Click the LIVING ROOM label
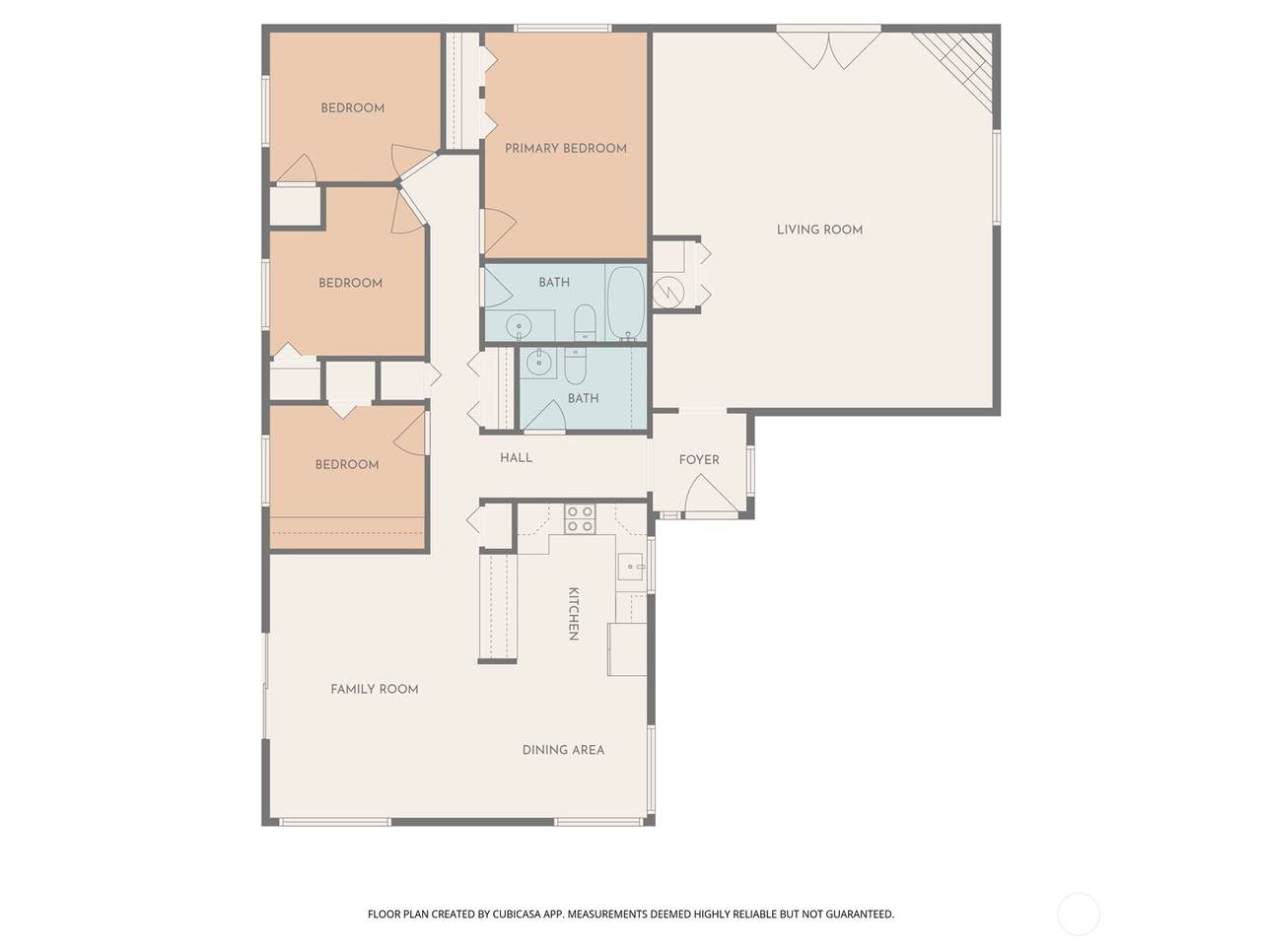click(819, 230)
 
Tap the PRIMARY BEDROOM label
click(566, 148)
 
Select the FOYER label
click(699, 459)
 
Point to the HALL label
click(516, 458)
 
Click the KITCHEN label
click(573, 614)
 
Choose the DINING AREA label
click(563, 750)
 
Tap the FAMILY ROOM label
click(375, 689)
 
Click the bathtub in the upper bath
click(625, 303)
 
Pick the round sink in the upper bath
click(519, 327)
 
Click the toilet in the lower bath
click(575, 367)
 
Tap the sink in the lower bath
click(539, 363)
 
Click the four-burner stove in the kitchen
click(580, 518)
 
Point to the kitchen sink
click(631, 567)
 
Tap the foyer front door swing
click(710, 493)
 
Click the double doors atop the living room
click(828, 50)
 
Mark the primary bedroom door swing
click(500, 231)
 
